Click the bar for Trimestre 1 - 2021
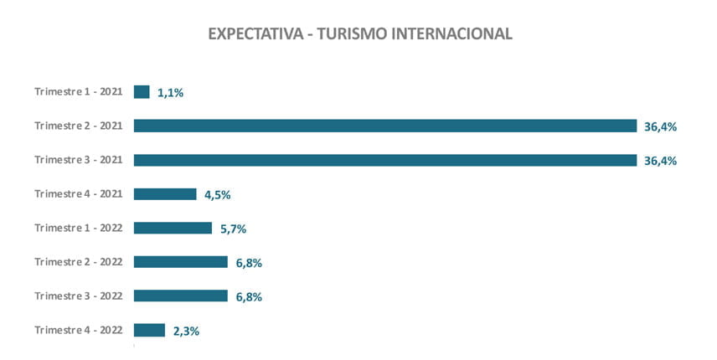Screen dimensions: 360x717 142,92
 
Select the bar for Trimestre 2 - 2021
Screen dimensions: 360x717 385,126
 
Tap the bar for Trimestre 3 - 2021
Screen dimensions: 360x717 385,160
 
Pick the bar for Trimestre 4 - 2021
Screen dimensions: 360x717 165,194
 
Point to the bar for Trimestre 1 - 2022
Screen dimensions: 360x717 173,228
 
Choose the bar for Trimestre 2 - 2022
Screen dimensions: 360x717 181,262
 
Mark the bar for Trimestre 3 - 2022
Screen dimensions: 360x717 181,296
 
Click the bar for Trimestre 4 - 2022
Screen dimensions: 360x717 149,330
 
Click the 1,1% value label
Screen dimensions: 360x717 170,93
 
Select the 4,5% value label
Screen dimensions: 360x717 217,195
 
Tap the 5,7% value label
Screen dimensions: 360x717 232,229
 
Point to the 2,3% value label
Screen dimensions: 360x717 186,331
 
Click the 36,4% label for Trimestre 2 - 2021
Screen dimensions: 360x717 660,126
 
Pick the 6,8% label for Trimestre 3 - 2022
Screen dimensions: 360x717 248,296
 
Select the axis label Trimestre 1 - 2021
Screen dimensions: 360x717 79,91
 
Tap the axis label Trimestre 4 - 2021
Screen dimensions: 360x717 79,193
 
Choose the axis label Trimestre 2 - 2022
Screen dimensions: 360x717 79,261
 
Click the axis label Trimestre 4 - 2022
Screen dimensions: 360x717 79,329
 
